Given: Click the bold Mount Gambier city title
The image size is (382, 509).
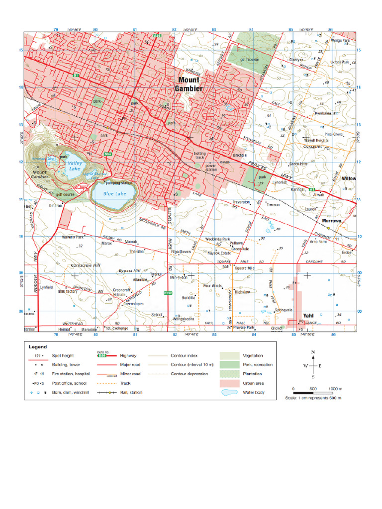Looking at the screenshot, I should (188, 84).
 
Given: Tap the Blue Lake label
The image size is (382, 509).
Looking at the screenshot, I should (114, 193).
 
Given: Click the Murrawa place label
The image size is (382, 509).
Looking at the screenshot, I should (331, 221).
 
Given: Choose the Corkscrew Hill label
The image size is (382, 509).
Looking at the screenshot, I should (86, 265).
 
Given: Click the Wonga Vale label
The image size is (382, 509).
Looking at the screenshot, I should (340, 40).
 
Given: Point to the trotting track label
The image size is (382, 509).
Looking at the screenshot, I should (199, 156).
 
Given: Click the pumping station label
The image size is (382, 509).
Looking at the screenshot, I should (119, 183).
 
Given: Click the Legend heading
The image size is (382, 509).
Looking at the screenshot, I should (37, 346).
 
